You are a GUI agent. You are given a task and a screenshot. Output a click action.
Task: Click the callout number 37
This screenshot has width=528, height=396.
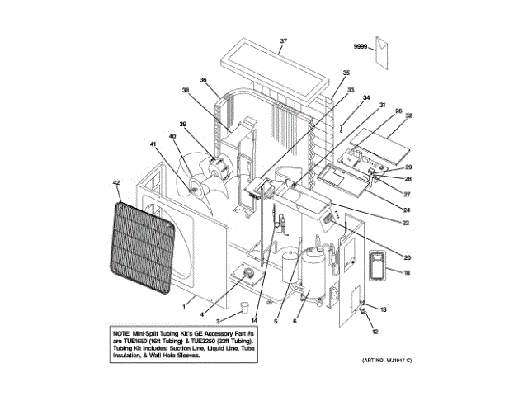pos(284,41)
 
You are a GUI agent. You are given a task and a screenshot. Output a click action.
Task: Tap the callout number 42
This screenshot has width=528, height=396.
pos(116,182)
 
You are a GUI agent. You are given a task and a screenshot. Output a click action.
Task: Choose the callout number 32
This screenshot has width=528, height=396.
pos(408,115)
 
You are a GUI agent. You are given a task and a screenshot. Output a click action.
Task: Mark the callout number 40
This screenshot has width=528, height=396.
pos(172,136)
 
